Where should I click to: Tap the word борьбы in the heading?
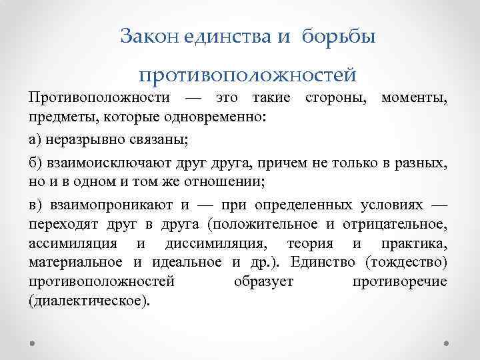click(x=339, y=37)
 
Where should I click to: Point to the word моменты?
click(x=414, y=98)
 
